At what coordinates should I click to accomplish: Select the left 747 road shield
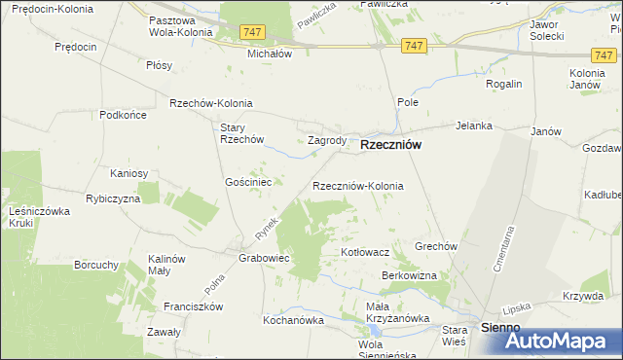pyautogui.click(x=252, y=32)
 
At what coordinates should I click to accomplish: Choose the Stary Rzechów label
pyautogui.click(x=243, y=133)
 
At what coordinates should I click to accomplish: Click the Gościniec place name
pyautogui.click(x=254, y=182)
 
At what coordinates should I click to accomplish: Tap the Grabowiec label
pyautogui.click(x=265, y=260)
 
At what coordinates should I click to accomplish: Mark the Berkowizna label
pyautogui.click(x=409, y=276)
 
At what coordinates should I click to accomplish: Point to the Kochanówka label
pyautogui.click(x=292, y=319)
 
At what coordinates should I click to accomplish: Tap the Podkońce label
pyautogui.click(x=123, y=115)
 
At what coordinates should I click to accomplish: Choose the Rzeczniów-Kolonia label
pyautogui.click(x=357, y=185)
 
